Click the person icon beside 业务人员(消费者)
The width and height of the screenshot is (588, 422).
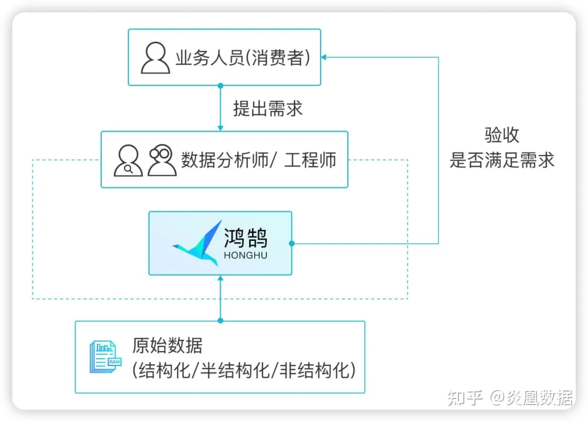155,58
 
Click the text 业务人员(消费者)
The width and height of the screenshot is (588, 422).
242,58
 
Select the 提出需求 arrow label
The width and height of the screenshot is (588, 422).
268,108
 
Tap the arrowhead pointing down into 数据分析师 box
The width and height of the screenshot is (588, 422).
220,128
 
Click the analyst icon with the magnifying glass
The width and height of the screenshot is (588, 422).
128,161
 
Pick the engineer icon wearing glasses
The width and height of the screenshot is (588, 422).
162,160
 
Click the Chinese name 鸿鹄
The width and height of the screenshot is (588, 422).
246,238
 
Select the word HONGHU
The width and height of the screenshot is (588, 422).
246,255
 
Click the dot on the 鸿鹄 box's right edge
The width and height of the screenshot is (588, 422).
292,243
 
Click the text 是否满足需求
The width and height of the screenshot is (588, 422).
501,160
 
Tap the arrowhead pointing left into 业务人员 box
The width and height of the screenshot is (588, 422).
324,57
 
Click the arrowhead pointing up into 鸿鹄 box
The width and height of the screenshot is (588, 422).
220,278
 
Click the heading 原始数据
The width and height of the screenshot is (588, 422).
167,345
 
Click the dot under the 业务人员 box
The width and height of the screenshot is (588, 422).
220,86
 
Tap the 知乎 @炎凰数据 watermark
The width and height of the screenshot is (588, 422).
510,398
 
